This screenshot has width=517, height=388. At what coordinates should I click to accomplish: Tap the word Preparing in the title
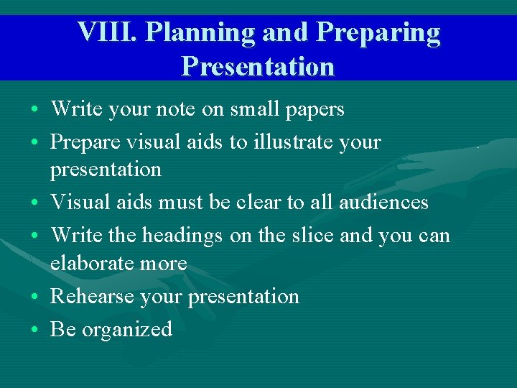(378, 32)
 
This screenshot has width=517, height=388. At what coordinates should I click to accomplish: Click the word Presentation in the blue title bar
(258, 66)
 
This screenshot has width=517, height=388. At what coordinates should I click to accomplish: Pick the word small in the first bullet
(252, 109)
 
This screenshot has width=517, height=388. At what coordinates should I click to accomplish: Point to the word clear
(258, 203)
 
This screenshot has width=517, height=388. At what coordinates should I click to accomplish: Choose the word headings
(183, 235)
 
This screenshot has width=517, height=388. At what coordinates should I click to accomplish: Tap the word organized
(127, 330)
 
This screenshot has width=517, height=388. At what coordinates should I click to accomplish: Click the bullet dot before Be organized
(35, 331)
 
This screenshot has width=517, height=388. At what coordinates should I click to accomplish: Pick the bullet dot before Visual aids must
(35, 203)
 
